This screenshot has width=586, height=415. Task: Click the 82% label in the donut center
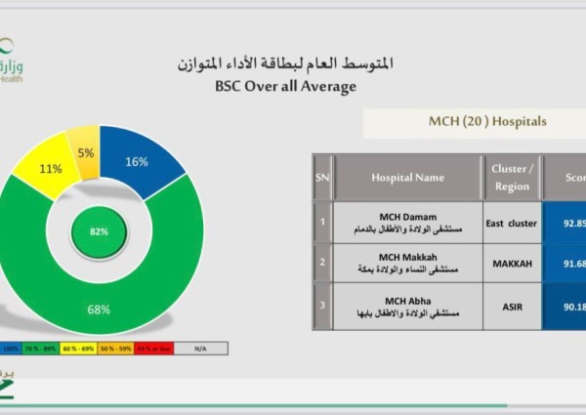pos(99,232)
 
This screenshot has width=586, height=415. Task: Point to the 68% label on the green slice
pos(99,310)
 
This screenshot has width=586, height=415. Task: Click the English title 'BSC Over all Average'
pos(285,86)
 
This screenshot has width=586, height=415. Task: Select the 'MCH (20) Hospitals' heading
pos(474,122)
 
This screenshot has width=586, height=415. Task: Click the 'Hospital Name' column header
pos(407,178)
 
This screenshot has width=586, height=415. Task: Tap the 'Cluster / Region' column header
pos(511,177)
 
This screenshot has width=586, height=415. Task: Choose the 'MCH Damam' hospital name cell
pos(407,224)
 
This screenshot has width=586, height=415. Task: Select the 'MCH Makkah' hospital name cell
pos(407,263)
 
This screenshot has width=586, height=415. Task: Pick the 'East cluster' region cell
pos(511,224)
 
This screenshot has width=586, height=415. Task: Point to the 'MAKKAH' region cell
pos(511,263)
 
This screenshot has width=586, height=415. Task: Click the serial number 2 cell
pos(322,263)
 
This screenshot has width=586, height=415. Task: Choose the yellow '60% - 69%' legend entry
pos(77,347)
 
